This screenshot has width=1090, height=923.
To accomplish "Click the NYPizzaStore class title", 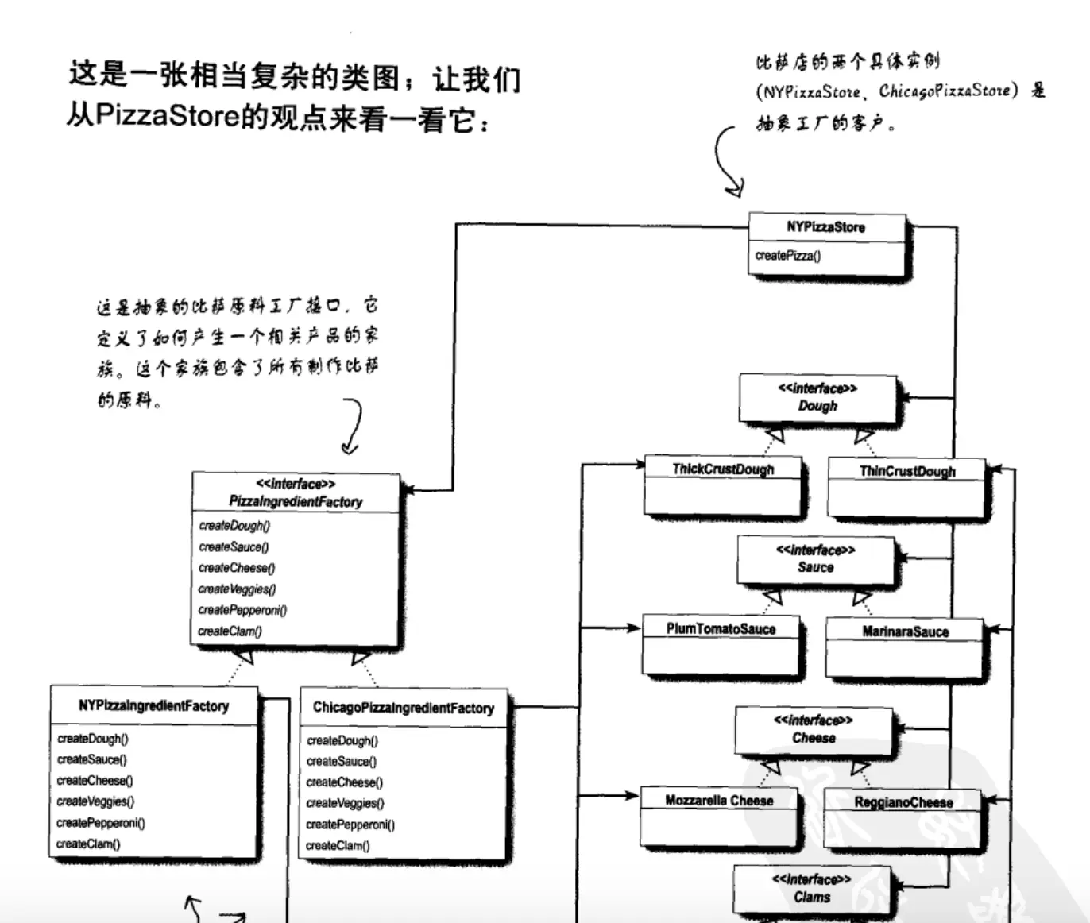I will pos(825,227).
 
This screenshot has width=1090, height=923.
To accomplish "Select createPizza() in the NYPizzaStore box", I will pos(788,256).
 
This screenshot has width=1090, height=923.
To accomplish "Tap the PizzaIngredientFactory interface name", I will pos(296,501).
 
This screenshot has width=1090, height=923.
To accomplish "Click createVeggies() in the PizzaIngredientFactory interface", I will pos(237,589).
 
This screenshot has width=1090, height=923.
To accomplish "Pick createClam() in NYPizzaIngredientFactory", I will pos(88,844).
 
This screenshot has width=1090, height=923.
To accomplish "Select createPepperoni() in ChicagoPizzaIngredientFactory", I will pos(350,825).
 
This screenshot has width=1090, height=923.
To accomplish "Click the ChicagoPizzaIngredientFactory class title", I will pos(403,708).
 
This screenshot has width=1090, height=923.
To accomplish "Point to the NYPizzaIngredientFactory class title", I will pos(153,705).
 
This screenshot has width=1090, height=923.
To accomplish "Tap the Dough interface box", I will pos(817,398).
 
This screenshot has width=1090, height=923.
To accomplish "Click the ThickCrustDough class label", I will pos(723,469).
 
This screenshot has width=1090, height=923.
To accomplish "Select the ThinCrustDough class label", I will pos(907,471).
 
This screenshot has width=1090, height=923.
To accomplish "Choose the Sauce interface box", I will pos(816,559).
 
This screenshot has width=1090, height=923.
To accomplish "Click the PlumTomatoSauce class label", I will pos(721,629).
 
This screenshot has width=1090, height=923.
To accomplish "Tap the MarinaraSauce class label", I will pos(905,632).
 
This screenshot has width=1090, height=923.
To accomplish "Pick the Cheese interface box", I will pos(814,730).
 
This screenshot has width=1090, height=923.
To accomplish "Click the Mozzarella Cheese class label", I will pos(719,801).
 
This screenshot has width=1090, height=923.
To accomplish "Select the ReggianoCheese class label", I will pos(903,802).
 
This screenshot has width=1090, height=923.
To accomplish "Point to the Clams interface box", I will pos(812,889).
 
